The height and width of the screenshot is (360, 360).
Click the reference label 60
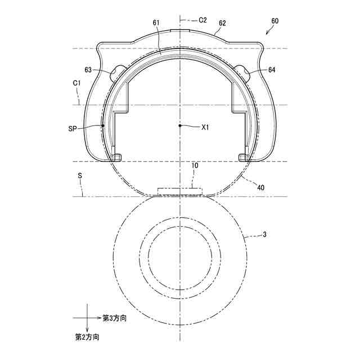(x=274, y=21)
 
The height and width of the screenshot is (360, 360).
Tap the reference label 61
(x=156, y=22)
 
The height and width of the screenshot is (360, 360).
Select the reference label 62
(x=222, y=23)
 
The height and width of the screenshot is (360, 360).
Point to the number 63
(x=88, y=70)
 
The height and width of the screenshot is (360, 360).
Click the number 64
(x=272, y=70)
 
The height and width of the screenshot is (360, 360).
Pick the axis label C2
(x=202, y=20)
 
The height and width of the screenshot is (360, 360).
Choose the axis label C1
(x=77, y=83)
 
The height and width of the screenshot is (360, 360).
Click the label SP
(x=73, y=129)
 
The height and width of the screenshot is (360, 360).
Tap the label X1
(x=205, y=128)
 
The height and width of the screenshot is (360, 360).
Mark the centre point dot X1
(x=180, y=125)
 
